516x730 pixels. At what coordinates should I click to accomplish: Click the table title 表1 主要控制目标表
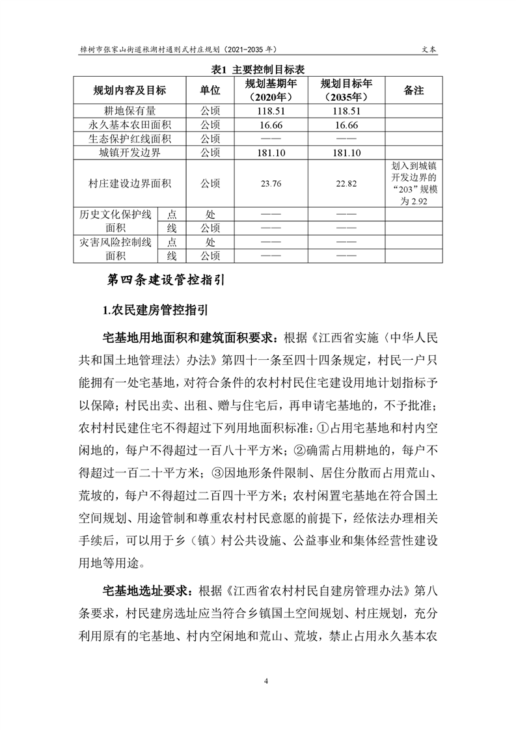(x=259, y=69)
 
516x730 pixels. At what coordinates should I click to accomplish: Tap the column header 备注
(x=414, y=90)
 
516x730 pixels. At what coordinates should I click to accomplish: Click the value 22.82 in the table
(x=346, y=184)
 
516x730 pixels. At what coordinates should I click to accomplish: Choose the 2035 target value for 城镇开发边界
(x=346, y=153)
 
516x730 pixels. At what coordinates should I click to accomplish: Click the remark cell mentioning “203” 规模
(x=414, y=184)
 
